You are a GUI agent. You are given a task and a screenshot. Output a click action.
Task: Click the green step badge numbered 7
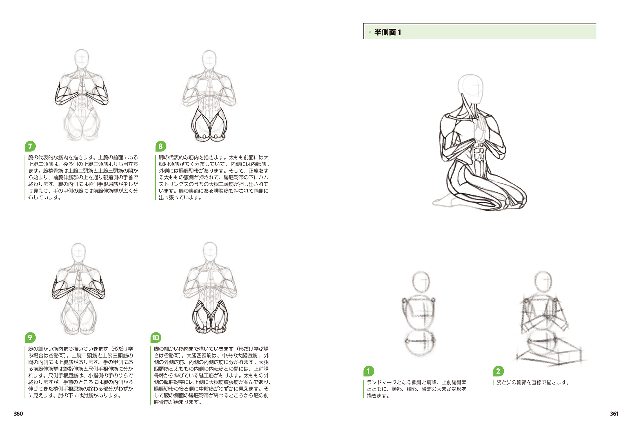tap(30, 146)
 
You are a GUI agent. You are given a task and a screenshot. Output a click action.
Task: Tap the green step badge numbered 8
tap(161, 146)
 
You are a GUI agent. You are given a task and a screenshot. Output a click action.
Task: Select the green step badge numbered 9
tap(30, 337)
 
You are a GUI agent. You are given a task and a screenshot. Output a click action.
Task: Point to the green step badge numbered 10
tap(156, 337)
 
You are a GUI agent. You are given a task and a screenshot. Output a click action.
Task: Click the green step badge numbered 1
tap(369, 371)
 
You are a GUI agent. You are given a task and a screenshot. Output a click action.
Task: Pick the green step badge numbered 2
tap(498, 371)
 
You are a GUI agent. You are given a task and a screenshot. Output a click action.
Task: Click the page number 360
tap(18, 414)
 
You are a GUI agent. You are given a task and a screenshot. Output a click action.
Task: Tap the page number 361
tap(614, 414)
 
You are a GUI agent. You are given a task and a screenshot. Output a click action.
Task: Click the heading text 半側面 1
tap(388, 32)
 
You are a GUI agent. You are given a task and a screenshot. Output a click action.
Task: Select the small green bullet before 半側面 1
tap(370, 32)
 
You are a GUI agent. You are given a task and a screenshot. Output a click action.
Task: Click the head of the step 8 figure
tap(209, 60)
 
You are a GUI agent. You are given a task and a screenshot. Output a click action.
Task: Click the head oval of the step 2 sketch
tap(543, 282)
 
